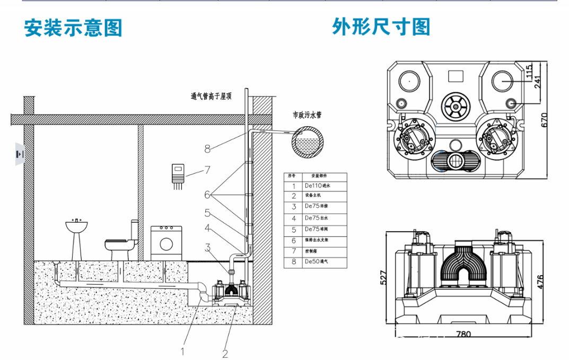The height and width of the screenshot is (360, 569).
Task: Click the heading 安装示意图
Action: click(73, 28)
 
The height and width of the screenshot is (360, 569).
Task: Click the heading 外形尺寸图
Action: click(381, 27)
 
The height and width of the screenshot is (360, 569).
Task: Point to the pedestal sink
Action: click(76, 236)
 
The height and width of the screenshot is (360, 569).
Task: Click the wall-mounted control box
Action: click(179, 174)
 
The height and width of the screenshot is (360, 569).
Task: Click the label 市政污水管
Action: click(308, 114)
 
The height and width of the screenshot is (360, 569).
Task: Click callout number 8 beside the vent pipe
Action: click(208, 149)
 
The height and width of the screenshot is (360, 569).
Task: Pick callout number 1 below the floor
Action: click(183, 350)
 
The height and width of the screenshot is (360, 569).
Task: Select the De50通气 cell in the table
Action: click(317, 262)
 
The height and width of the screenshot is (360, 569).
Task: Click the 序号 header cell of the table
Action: click(291, 176)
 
